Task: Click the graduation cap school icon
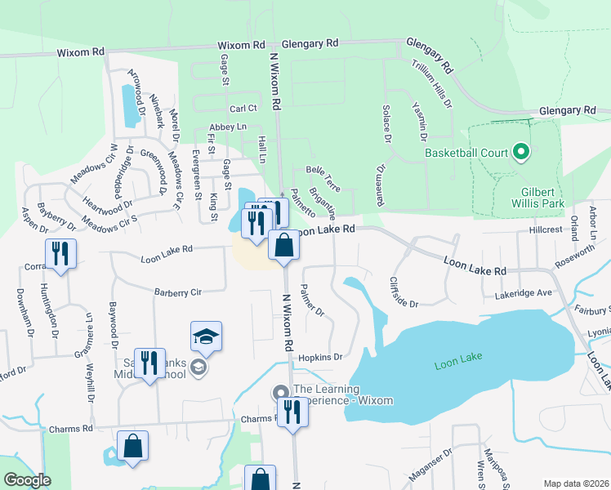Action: pyautogui.click(x=207, y=336)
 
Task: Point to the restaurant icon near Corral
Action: pyautogui.click(x=60, y=253)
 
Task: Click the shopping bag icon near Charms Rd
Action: pyautogui.click(x=132, y=446)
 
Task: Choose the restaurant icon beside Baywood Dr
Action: pyautogui.click(x=149, y=363)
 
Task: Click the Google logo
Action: pyautogui.click(x=28, y=480)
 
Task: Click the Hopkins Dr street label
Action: pyautogui.click(x=319, y=357)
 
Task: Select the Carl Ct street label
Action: pyautogui.click(x=243, y=108)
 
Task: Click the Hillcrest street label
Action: pyautogui.click(x=545, y=230)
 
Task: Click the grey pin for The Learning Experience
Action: pyautogui.click(x=280, y=394)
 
